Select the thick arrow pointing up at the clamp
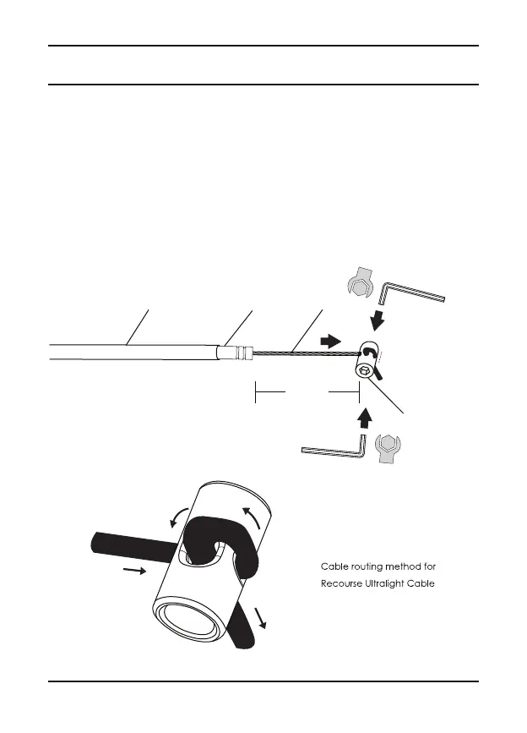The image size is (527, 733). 364,416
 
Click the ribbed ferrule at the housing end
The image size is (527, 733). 239,353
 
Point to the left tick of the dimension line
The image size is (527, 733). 255,391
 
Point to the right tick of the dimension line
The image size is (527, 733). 359,391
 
